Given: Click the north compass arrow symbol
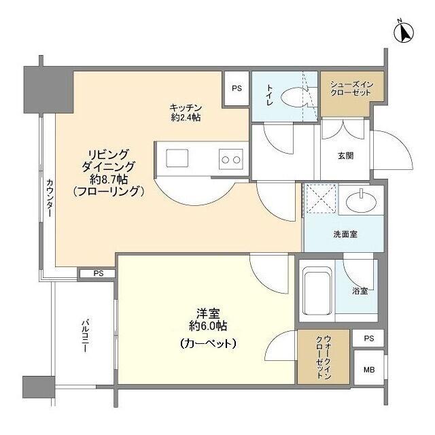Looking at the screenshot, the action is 404,32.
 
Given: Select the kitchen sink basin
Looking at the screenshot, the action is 177,158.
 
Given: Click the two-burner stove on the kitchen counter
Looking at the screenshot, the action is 231,159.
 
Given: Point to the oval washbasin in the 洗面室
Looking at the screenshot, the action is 362,201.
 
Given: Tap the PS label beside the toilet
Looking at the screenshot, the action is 237,88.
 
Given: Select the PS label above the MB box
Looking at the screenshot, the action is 369,338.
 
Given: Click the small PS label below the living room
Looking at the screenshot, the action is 98,273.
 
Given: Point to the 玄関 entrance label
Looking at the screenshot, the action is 346,156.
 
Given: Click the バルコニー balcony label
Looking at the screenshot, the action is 85,336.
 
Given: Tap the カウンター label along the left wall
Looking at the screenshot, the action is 50,198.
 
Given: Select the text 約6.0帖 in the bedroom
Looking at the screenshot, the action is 208,326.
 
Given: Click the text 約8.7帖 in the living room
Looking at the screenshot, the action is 109,179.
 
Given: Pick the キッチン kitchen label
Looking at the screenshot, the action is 186,107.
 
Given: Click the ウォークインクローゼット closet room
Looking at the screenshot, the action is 324,357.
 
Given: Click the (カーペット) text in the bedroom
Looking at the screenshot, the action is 208,343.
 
